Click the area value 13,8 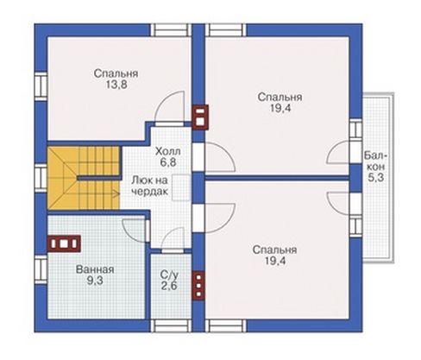click(x=116, y=85)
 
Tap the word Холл click(x=168, y=151)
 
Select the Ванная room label click(x=95, y=269)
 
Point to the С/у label click(x=169, y=275)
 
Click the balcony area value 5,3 click(x=376, y=178)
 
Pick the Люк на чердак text click(x=149, y=186)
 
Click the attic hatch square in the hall click(x=181, y=187)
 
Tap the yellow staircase click(x=84, y=178)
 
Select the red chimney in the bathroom click(x=64, y=243)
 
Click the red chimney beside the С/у click(x=198, y=286)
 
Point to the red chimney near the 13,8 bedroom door click(x=200, y=117)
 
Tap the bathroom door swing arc click(x=135, y=231)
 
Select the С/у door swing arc click(x=173, y=240)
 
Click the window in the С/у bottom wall click(x=171, y=325)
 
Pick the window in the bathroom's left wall click(x=41, y=269)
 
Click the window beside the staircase click(x=41, y=178)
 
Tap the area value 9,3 click(x=95, y=281)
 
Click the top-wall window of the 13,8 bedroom click(x=171, y=30)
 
